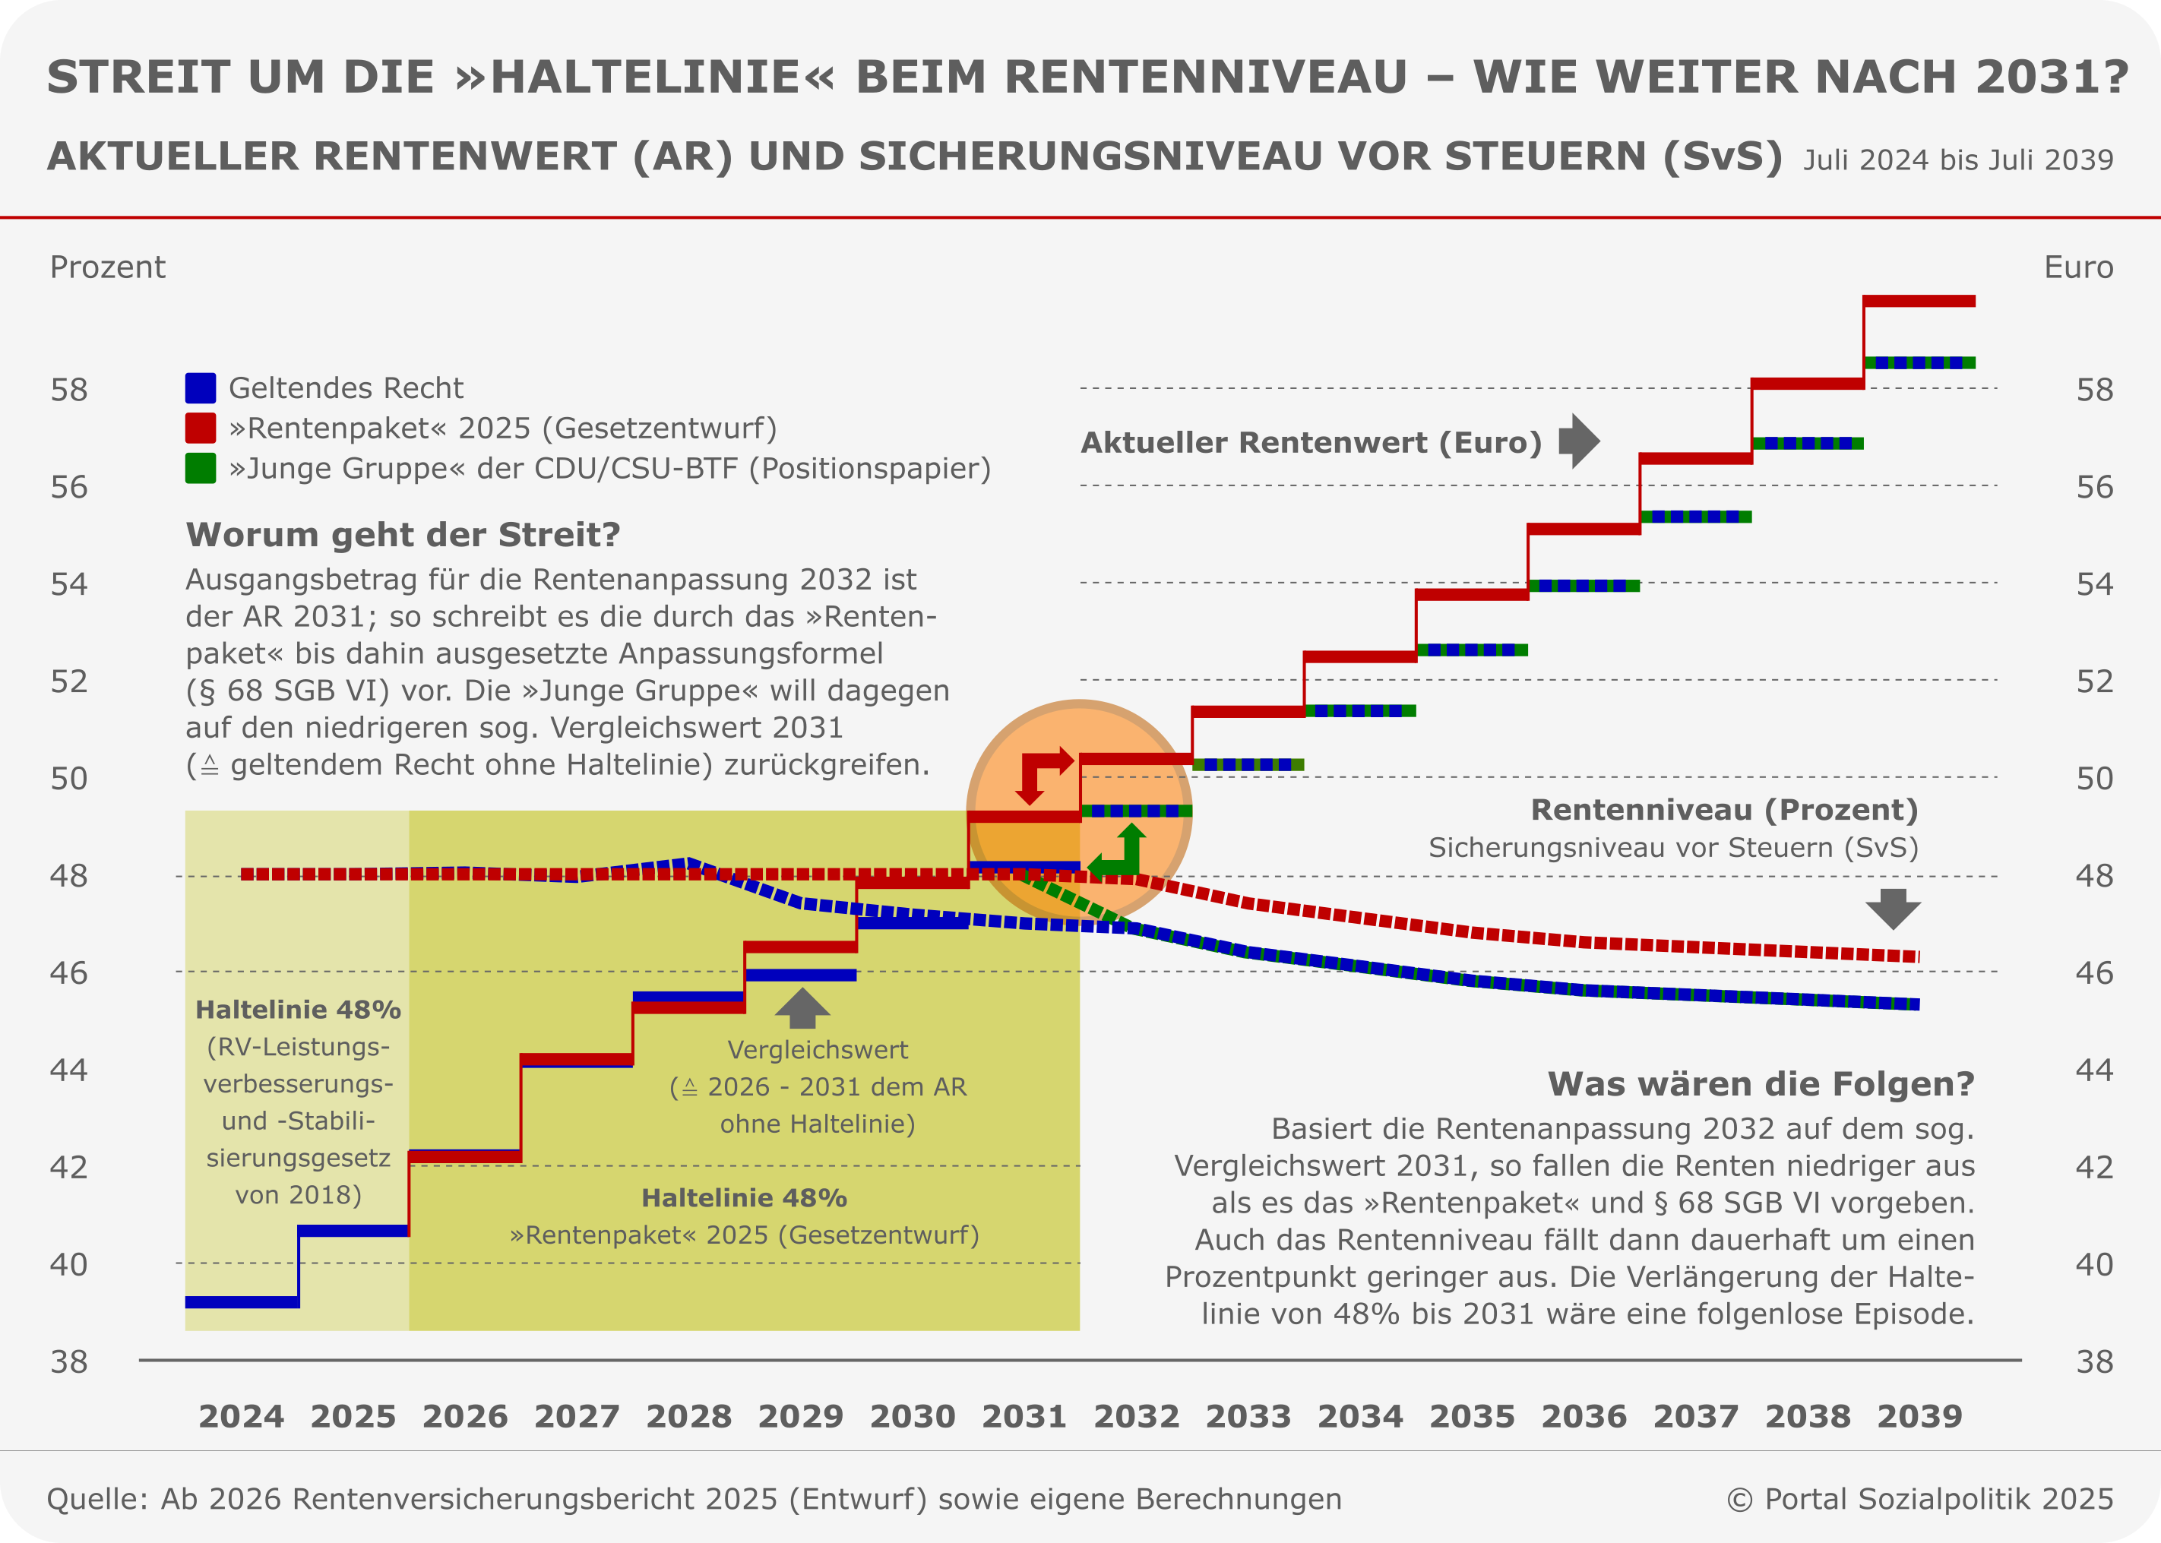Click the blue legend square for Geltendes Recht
point(201,387)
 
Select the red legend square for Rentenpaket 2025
point(201,428)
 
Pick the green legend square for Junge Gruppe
point(201,467)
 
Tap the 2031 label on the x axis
point(1024,1415)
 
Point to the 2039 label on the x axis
point(1919,1415)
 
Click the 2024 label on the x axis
point(242,1415)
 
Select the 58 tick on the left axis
point(68,390)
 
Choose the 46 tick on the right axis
point(2094,973)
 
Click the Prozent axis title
point(107,267)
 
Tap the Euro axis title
point(2078,267)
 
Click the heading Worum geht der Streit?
point(403,535)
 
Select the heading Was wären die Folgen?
point(1761,1084)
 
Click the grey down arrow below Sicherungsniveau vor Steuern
point(1893,909)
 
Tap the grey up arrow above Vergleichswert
point(802,1009)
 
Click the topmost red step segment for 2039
point(1919,301)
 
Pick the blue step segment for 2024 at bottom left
point(242,1301)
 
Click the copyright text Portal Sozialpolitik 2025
point(1919,1498)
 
